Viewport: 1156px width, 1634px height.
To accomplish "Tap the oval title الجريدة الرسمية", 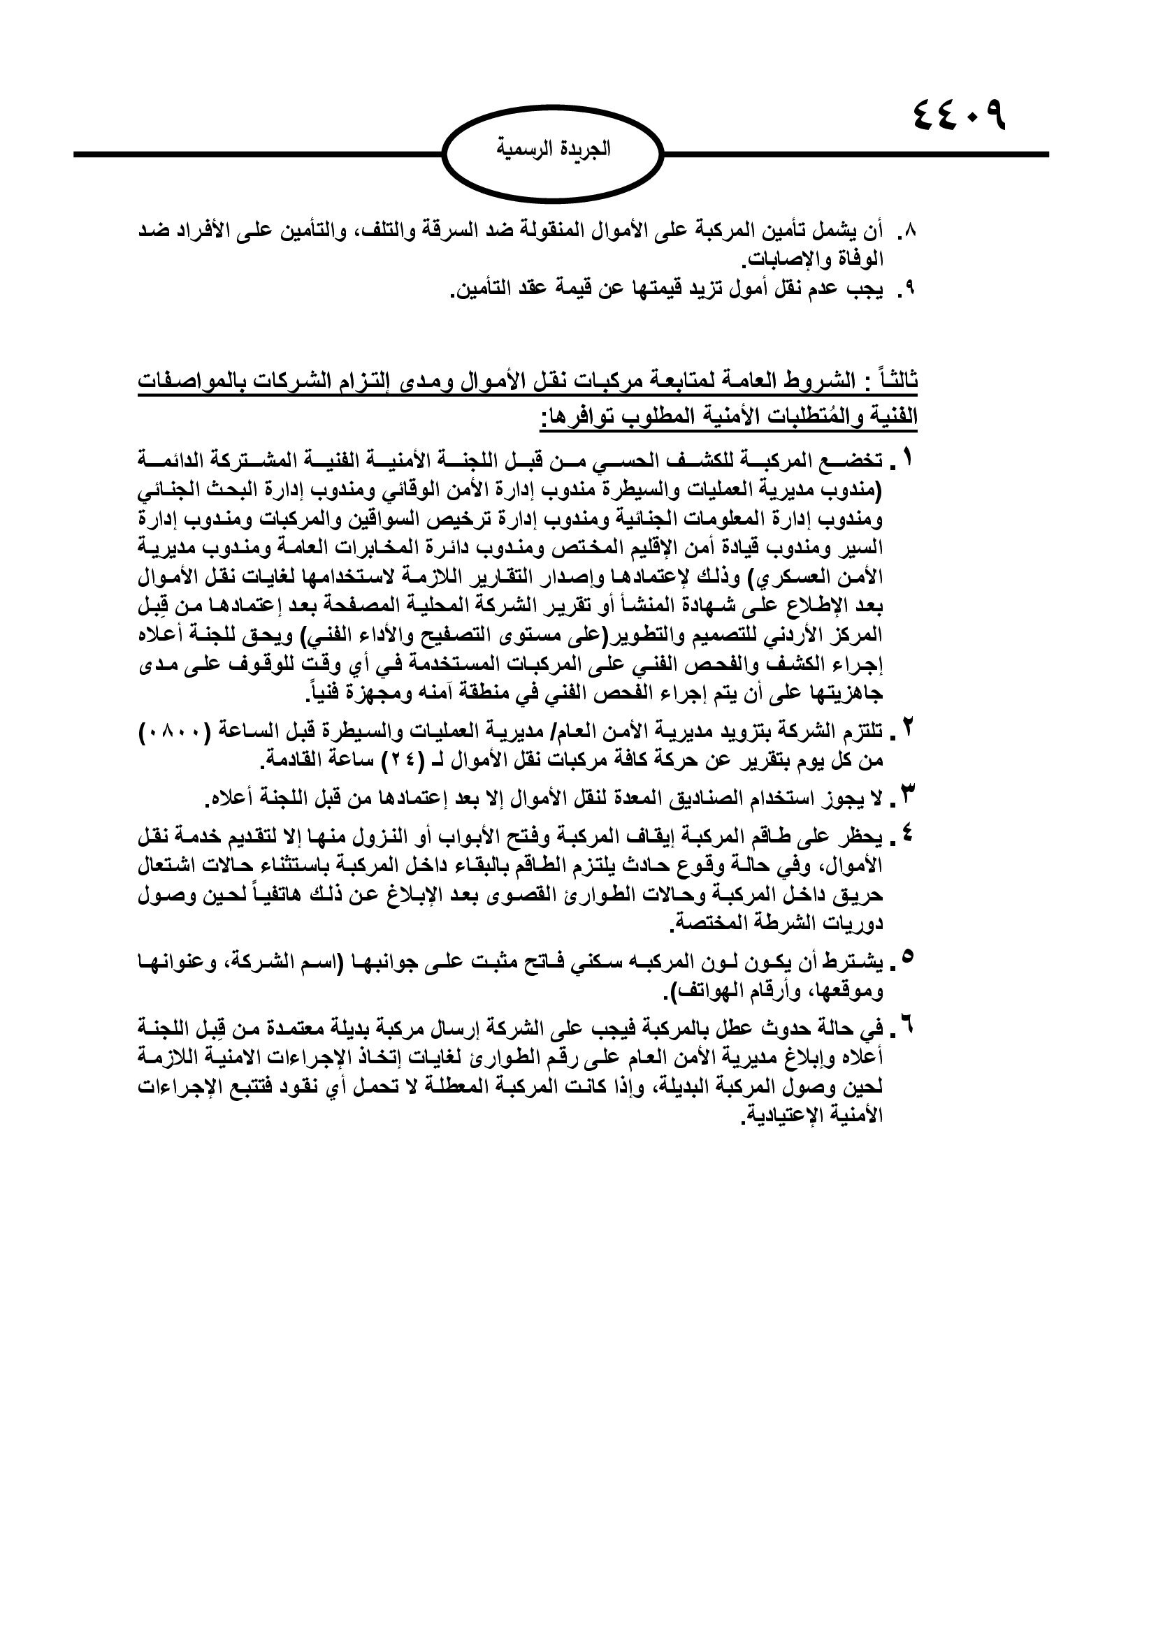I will [x=552, y=150].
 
